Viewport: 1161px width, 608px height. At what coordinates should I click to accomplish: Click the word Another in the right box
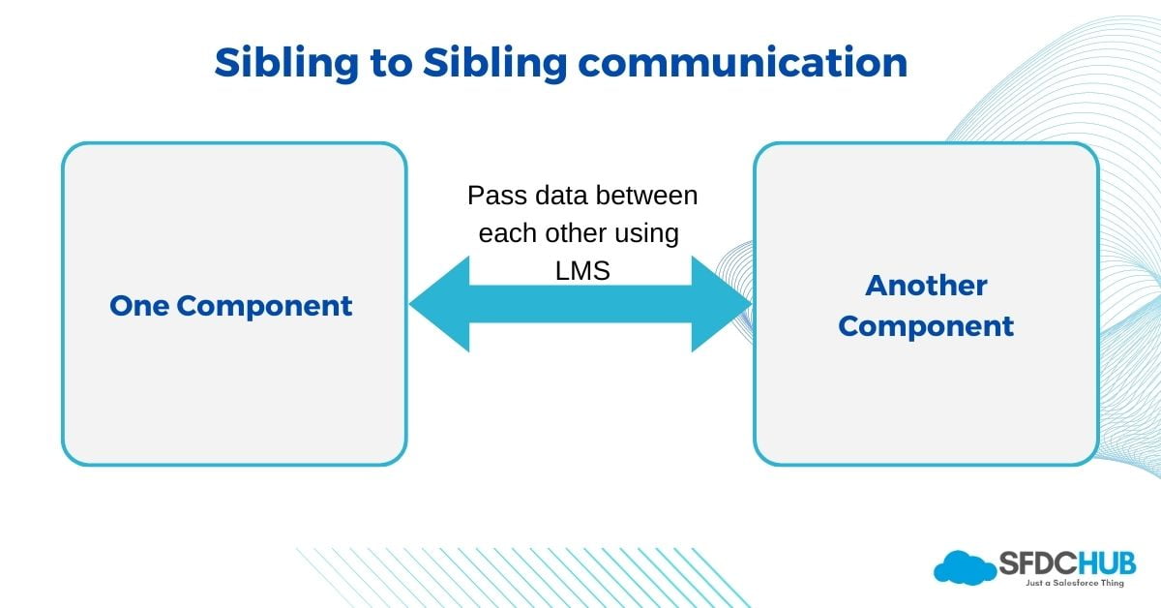click(926, 286)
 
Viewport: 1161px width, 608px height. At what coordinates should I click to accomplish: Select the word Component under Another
click(926, 326)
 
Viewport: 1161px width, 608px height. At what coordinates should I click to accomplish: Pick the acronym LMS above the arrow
click(582, 271)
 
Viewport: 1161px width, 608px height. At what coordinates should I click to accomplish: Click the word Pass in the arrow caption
click(496, 196)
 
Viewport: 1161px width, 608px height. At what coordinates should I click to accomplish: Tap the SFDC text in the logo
click(1033, 562)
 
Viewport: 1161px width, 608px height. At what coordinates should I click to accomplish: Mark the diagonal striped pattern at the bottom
click(513, 577)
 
